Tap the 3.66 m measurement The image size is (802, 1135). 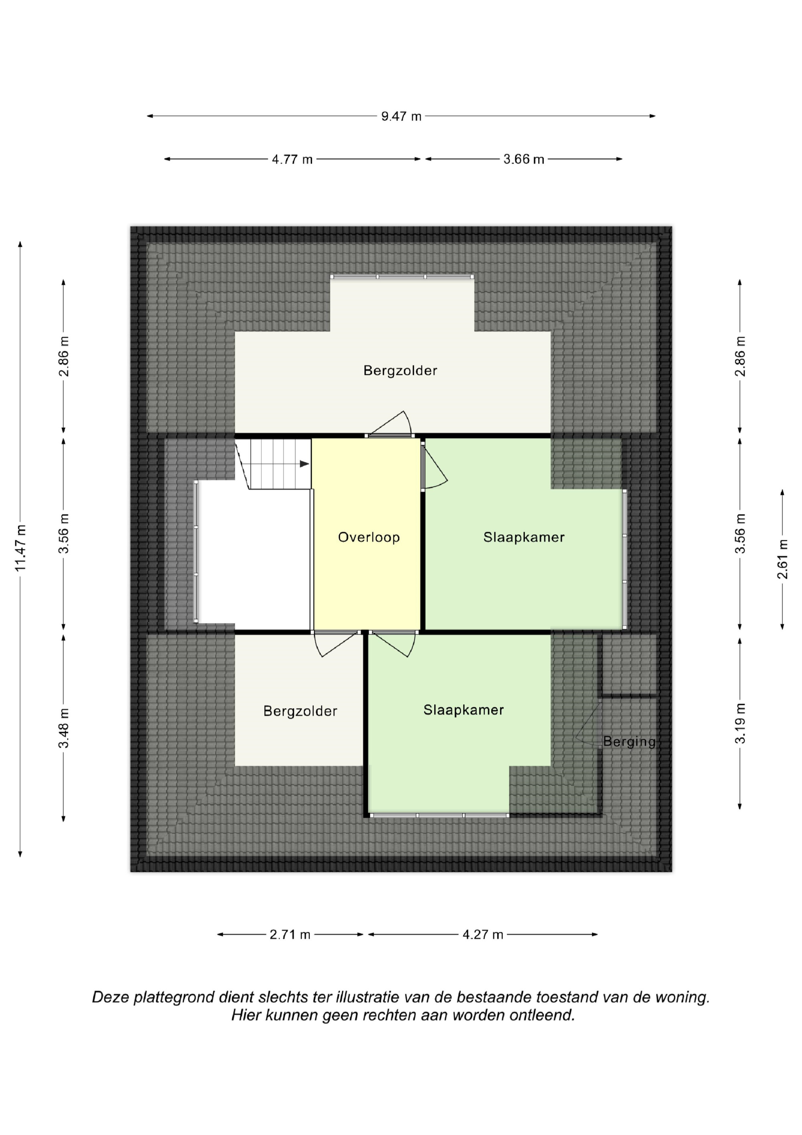(524, 159)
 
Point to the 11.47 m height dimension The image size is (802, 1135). (20, 548)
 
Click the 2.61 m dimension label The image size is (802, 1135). (782, 559)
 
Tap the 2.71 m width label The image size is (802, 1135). (290, 934)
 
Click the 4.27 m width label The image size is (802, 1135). (483, 934)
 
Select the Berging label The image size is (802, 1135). (629, 741)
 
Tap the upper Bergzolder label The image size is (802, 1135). (400, 371)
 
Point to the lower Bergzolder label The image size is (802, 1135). (300, 711)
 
